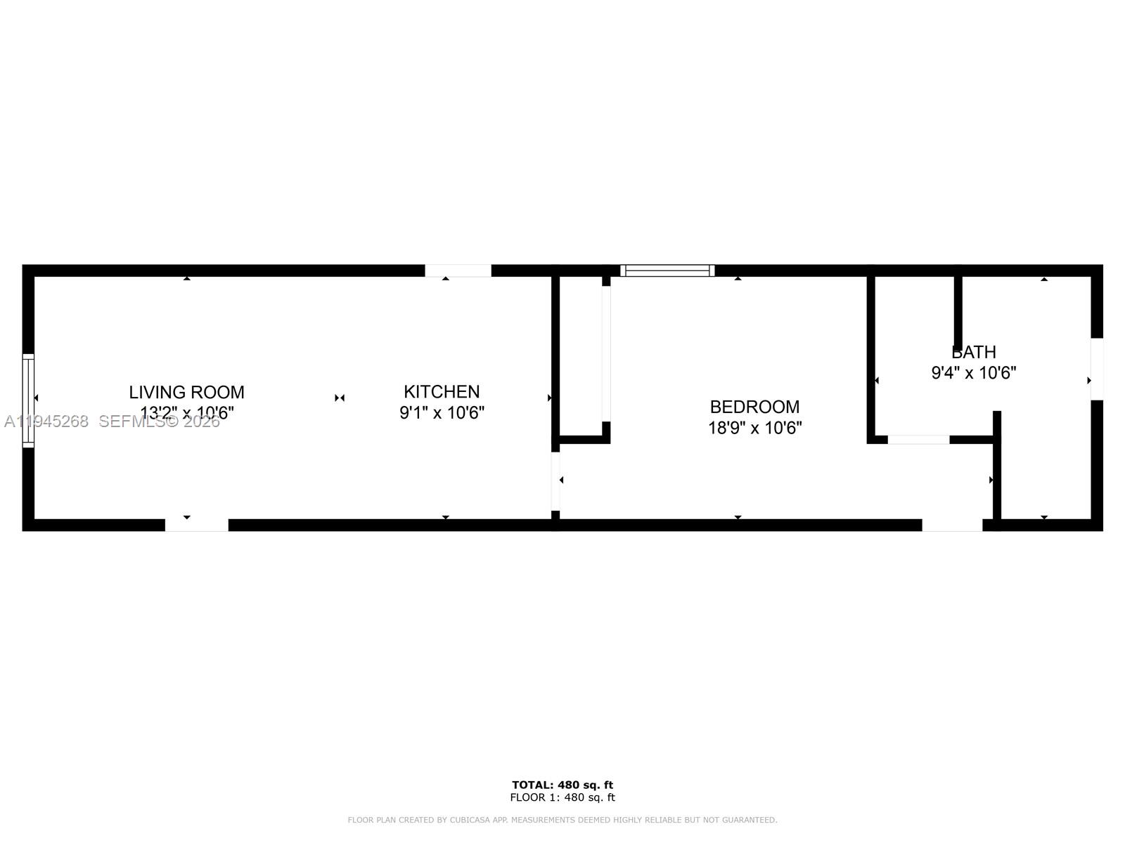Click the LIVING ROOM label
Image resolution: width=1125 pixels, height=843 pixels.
coord(186,392)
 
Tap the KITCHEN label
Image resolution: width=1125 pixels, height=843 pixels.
coord(442,391)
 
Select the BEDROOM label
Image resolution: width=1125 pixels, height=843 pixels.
coord(754,407)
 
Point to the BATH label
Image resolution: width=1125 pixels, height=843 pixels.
coord(974,352)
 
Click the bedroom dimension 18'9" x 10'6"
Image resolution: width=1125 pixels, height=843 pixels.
coord(754,428)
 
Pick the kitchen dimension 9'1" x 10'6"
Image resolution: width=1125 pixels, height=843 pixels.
coord(442,412)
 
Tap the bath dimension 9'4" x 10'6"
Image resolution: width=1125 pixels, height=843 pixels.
coord(974,373)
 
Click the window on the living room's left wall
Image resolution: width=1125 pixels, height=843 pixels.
coord(28,400)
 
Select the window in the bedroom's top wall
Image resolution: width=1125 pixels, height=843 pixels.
coord(667,270)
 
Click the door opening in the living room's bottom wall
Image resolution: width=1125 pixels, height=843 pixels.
coord(197,525)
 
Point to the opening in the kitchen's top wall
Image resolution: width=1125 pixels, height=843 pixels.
coord(458,270)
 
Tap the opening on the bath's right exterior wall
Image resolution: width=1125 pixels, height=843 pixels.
coord(1097,369)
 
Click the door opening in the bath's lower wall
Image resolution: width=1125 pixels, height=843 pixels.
coord(918,440)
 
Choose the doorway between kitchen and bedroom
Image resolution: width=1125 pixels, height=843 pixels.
coord(555,481)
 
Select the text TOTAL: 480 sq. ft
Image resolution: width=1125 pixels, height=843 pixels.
coord(562,785)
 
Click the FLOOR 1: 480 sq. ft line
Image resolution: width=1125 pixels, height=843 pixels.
coord(562,797)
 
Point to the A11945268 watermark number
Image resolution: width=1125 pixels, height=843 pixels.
coord(46,421)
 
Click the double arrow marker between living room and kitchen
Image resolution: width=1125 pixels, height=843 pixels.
coord(340,398)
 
